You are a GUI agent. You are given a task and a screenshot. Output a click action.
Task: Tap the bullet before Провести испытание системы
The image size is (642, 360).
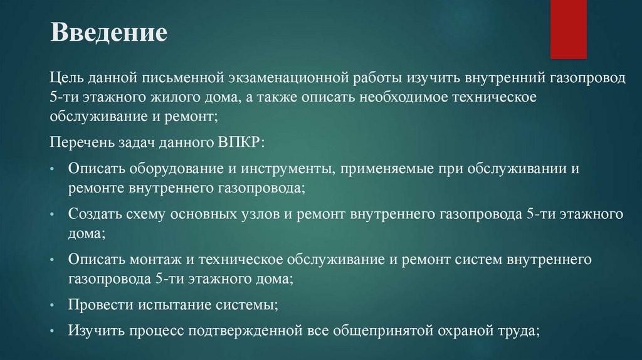[55, 305]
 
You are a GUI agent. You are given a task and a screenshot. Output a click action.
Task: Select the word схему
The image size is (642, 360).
[150, 214]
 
